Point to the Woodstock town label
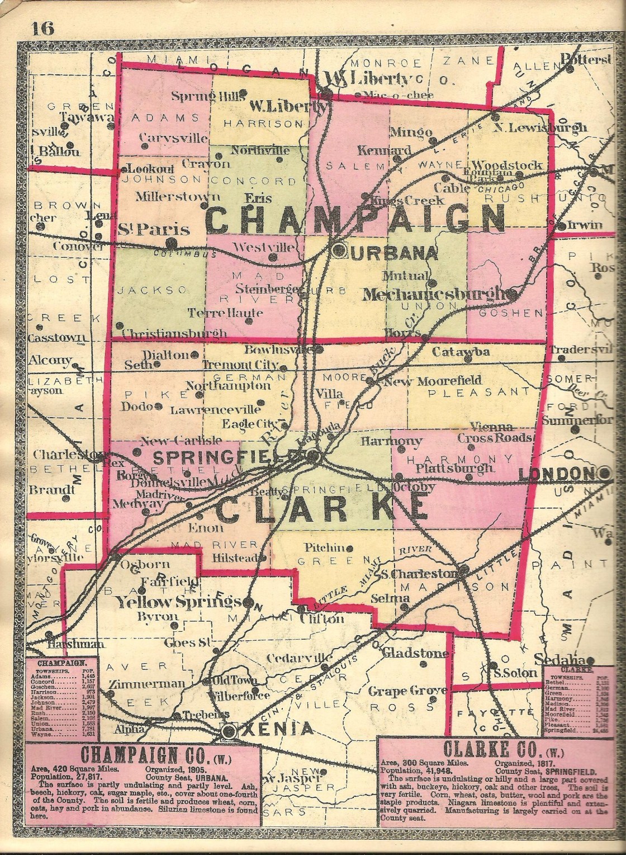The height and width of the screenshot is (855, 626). (x=506, y=165)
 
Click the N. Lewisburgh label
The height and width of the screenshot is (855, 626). (x=540, y=127)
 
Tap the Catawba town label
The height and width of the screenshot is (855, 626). (x=461, y=352)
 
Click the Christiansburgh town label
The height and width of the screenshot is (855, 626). (x=174, y=333)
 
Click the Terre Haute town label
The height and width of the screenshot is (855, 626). (x=217, y=313)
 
